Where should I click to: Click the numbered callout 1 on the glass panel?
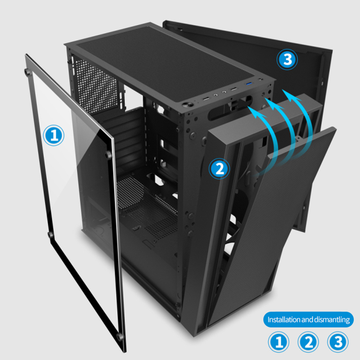[54, 135]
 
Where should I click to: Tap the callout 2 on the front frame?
[220, 168]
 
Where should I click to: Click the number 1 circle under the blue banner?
[279, 343]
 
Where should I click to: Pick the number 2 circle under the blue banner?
[308, 343]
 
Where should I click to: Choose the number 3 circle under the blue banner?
[337, 343]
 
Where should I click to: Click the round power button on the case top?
[186, 105]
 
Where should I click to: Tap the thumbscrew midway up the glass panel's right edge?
[109, 156]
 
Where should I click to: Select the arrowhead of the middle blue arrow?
[268, 100]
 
